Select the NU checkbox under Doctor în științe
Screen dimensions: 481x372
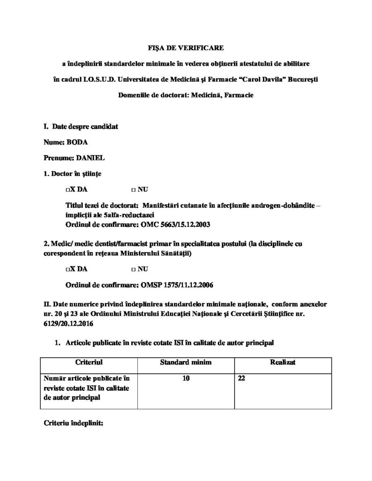tap(134, 190)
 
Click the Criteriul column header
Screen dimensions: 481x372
tap(89, 363)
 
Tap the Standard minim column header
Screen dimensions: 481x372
tap(186, 363)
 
